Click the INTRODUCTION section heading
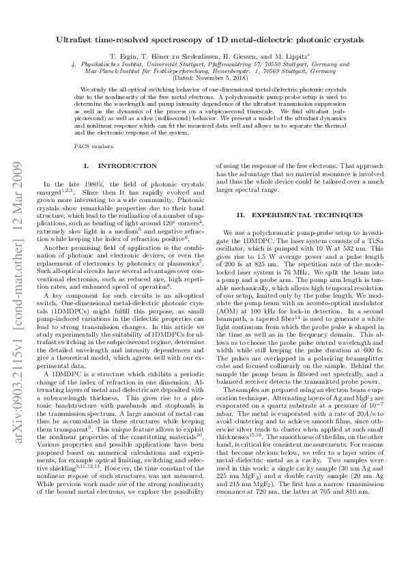coord(119,166)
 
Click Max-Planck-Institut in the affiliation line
coord(111,72)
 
